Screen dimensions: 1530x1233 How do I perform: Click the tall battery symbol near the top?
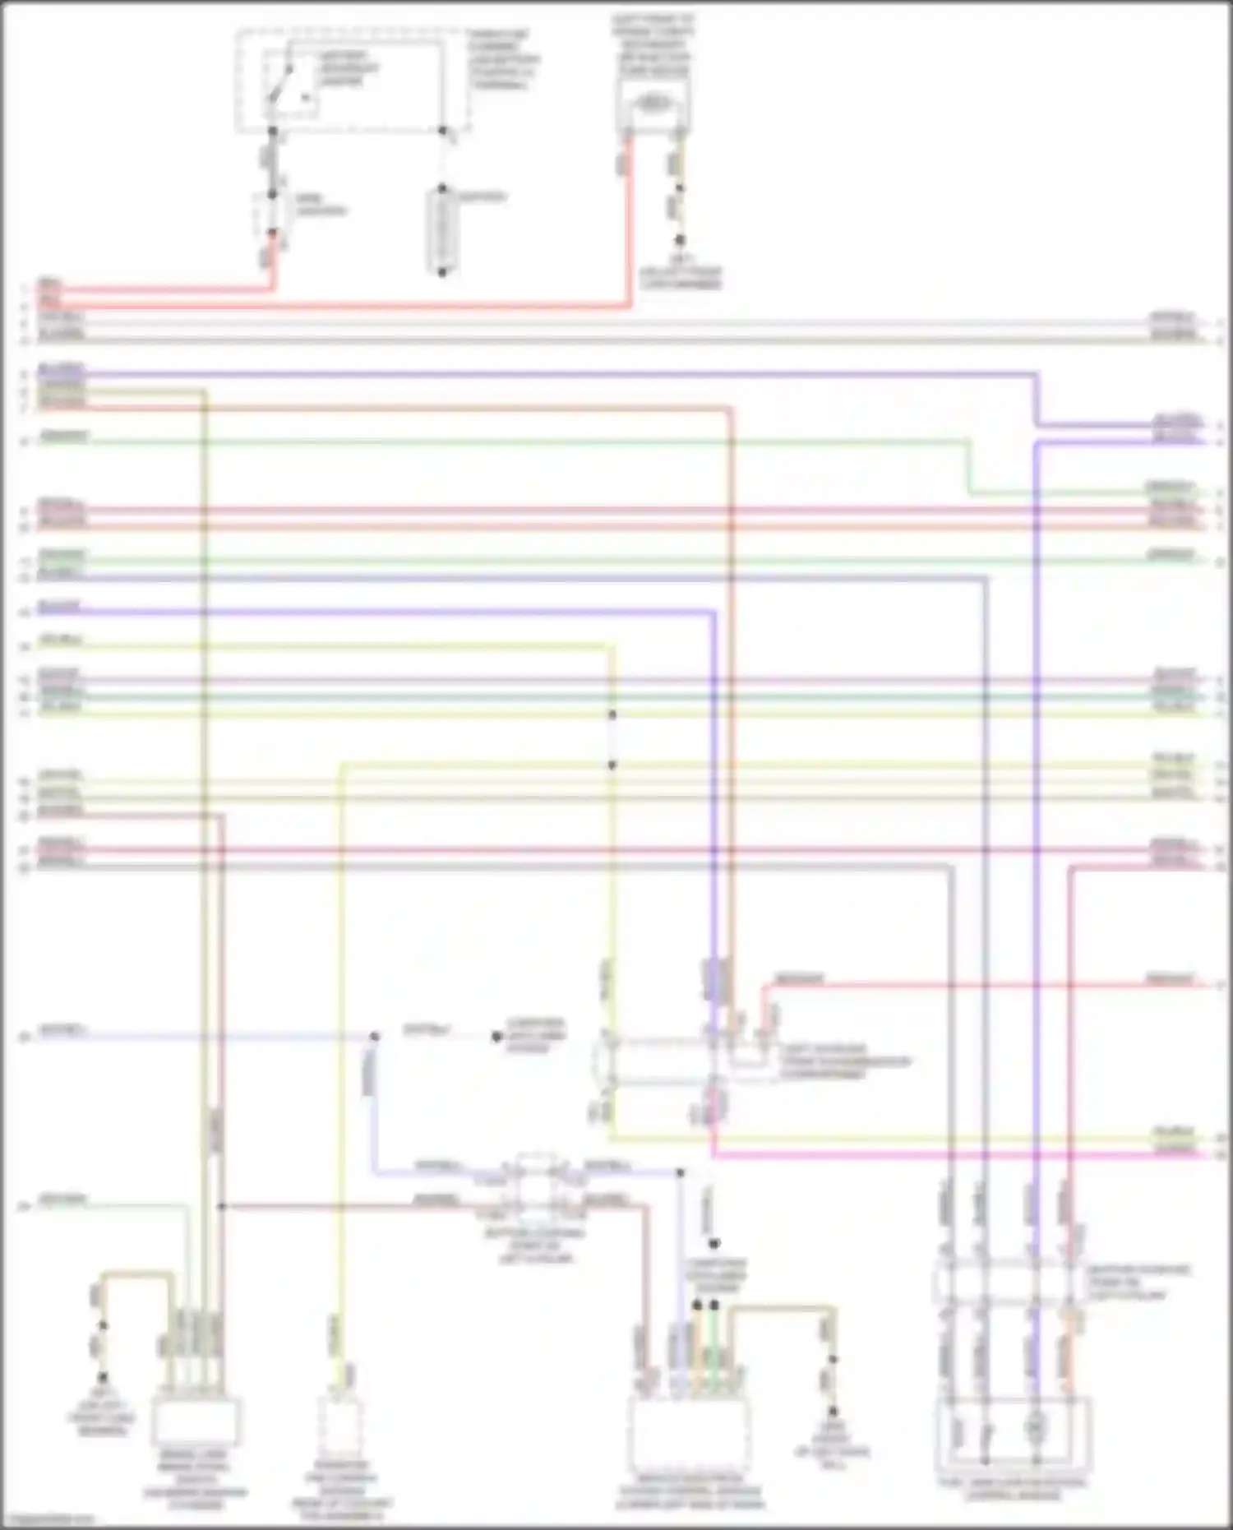(x=441, y=230)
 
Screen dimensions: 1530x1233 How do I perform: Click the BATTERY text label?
(x=482, y=197)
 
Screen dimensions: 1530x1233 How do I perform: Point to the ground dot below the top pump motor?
(x=680, y=240)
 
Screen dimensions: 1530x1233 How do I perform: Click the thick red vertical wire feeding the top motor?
(x=629, y=222)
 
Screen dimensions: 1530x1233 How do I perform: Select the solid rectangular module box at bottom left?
(x=195, y=1422)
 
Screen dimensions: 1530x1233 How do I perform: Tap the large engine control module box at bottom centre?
(x=689, y=1435)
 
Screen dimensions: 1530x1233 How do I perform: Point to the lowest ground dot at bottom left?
(x=103, y=1377)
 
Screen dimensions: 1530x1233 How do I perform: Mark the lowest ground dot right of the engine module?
(x=832, y=1411)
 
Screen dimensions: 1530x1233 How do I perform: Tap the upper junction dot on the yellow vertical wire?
(x=612, y=714)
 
